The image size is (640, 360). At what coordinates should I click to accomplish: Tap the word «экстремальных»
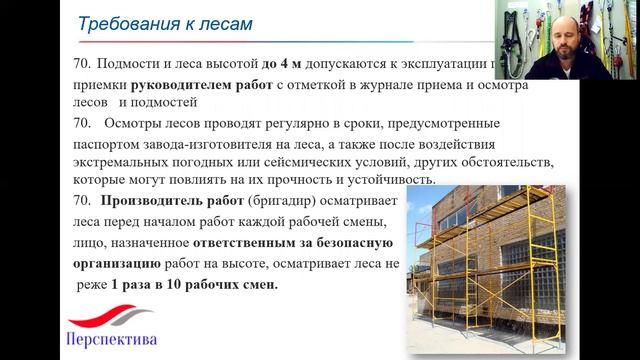(124, 161)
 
